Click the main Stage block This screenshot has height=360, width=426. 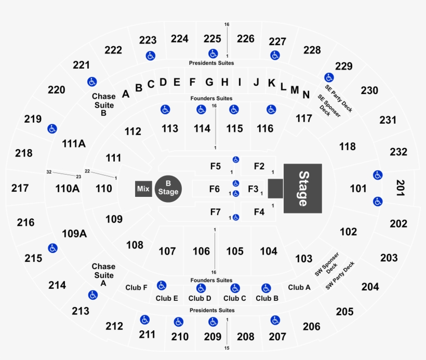click(x=303, y=188)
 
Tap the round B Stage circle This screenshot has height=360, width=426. click(x=168, y=189)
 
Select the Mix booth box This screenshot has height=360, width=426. click(x=143, y=189)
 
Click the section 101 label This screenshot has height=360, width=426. click(x=358, y=188)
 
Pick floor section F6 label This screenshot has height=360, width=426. click(x=215, y=189)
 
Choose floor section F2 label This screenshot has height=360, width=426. click(x=259, y=166)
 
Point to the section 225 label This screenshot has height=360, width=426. click(x=212, y=38)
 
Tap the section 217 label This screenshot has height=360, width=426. click(x=20, y=188)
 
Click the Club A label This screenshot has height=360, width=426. click(x=299, y=287)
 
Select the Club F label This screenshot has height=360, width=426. click(x=137, y=287)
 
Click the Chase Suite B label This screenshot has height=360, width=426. click(x=104, y=104)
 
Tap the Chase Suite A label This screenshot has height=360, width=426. click(x=103, y=275)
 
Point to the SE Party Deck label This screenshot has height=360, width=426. click(x=339, y=98)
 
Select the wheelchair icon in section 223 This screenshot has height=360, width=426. click(x=151, y=56)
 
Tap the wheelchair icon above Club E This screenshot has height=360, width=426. click(x=162, y=285)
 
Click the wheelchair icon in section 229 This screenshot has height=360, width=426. click(x=329, y=77)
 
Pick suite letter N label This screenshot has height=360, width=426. click(x=306, y=95)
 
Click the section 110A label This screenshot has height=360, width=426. click(x=68, y=188)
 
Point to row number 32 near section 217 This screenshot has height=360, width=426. click(x=49, y=172)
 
